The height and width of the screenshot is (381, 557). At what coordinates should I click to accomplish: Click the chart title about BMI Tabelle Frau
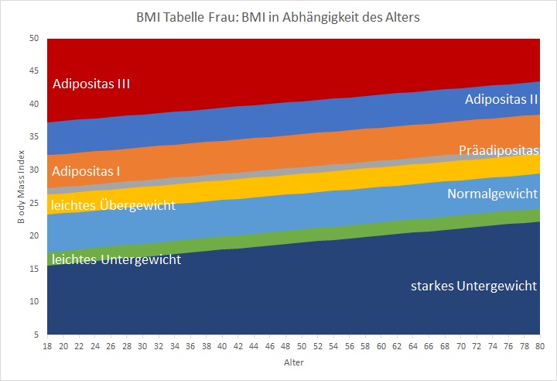(278, 16)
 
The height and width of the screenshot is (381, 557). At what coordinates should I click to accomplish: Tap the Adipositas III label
(91, 84)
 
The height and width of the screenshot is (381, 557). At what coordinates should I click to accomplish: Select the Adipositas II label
(501, 99)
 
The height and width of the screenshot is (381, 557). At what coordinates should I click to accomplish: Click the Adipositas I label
(86, 170)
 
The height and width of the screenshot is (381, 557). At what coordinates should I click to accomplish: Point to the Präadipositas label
(497, 150)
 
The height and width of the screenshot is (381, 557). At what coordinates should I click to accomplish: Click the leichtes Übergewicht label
(113, 205)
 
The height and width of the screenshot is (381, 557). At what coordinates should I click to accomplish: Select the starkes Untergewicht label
(474, 286)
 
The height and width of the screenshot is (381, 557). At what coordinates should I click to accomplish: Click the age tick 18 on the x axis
(47, 347)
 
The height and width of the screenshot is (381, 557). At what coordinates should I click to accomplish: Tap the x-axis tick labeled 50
(300, 347)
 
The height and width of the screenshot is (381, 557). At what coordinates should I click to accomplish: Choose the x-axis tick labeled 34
(174, 347)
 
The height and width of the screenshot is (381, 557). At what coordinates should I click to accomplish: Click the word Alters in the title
(401, 16)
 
